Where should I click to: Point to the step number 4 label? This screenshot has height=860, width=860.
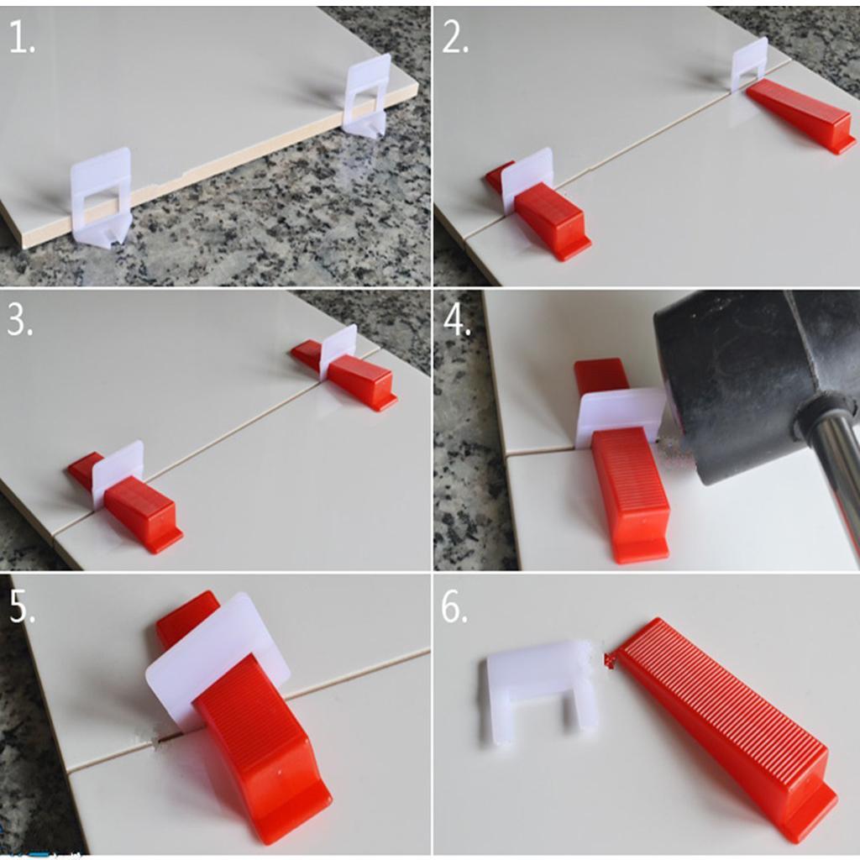457,321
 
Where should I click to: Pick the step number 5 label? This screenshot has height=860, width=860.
23,607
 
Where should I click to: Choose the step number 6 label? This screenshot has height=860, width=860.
454,607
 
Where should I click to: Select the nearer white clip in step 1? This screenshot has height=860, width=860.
102,197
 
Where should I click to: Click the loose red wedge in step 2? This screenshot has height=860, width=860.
800,114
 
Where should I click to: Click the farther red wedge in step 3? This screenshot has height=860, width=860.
344,373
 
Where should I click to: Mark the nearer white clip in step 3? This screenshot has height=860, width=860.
117,472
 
